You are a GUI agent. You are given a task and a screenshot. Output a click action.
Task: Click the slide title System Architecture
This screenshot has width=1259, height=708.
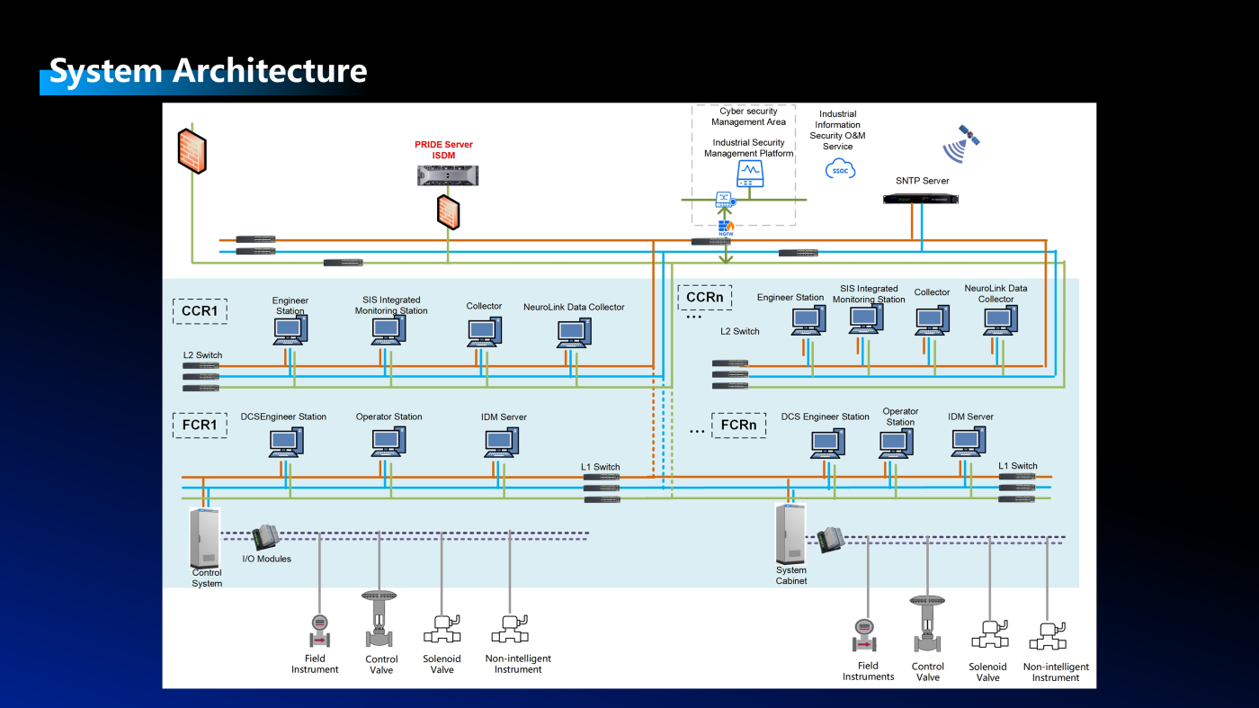208,70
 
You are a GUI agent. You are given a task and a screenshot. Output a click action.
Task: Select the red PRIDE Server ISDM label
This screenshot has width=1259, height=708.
443,149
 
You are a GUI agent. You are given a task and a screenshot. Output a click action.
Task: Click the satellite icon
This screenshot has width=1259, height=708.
960,142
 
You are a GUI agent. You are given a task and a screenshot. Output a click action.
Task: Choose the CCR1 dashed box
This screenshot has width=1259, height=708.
200,311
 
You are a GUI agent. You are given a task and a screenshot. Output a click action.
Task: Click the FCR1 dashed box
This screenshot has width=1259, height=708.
200,425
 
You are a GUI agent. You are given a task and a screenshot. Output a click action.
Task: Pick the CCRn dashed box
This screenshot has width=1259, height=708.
704,296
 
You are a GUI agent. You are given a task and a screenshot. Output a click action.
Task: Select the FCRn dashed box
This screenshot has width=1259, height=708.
738,425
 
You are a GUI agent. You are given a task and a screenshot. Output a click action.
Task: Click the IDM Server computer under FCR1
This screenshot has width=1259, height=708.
501,443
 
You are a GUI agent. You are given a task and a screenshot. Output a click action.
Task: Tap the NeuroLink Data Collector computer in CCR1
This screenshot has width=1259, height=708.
574,333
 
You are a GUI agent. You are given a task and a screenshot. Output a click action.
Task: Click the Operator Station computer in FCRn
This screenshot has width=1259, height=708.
896,444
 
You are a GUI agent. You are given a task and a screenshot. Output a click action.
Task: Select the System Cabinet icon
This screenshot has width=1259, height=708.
790,533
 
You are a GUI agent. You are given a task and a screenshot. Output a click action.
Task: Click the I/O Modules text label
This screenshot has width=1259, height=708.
267,559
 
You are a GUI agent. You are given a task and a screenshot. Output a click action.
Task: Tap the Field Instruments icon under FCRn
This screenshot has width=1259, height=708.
865,634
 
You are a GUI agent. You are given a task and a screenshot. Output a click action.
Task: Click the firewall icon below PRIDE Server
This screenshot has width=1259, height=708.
448,211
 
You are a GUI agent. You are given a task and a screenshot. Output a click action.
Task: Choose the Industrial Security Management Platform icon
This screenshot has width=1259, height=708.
749,174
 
